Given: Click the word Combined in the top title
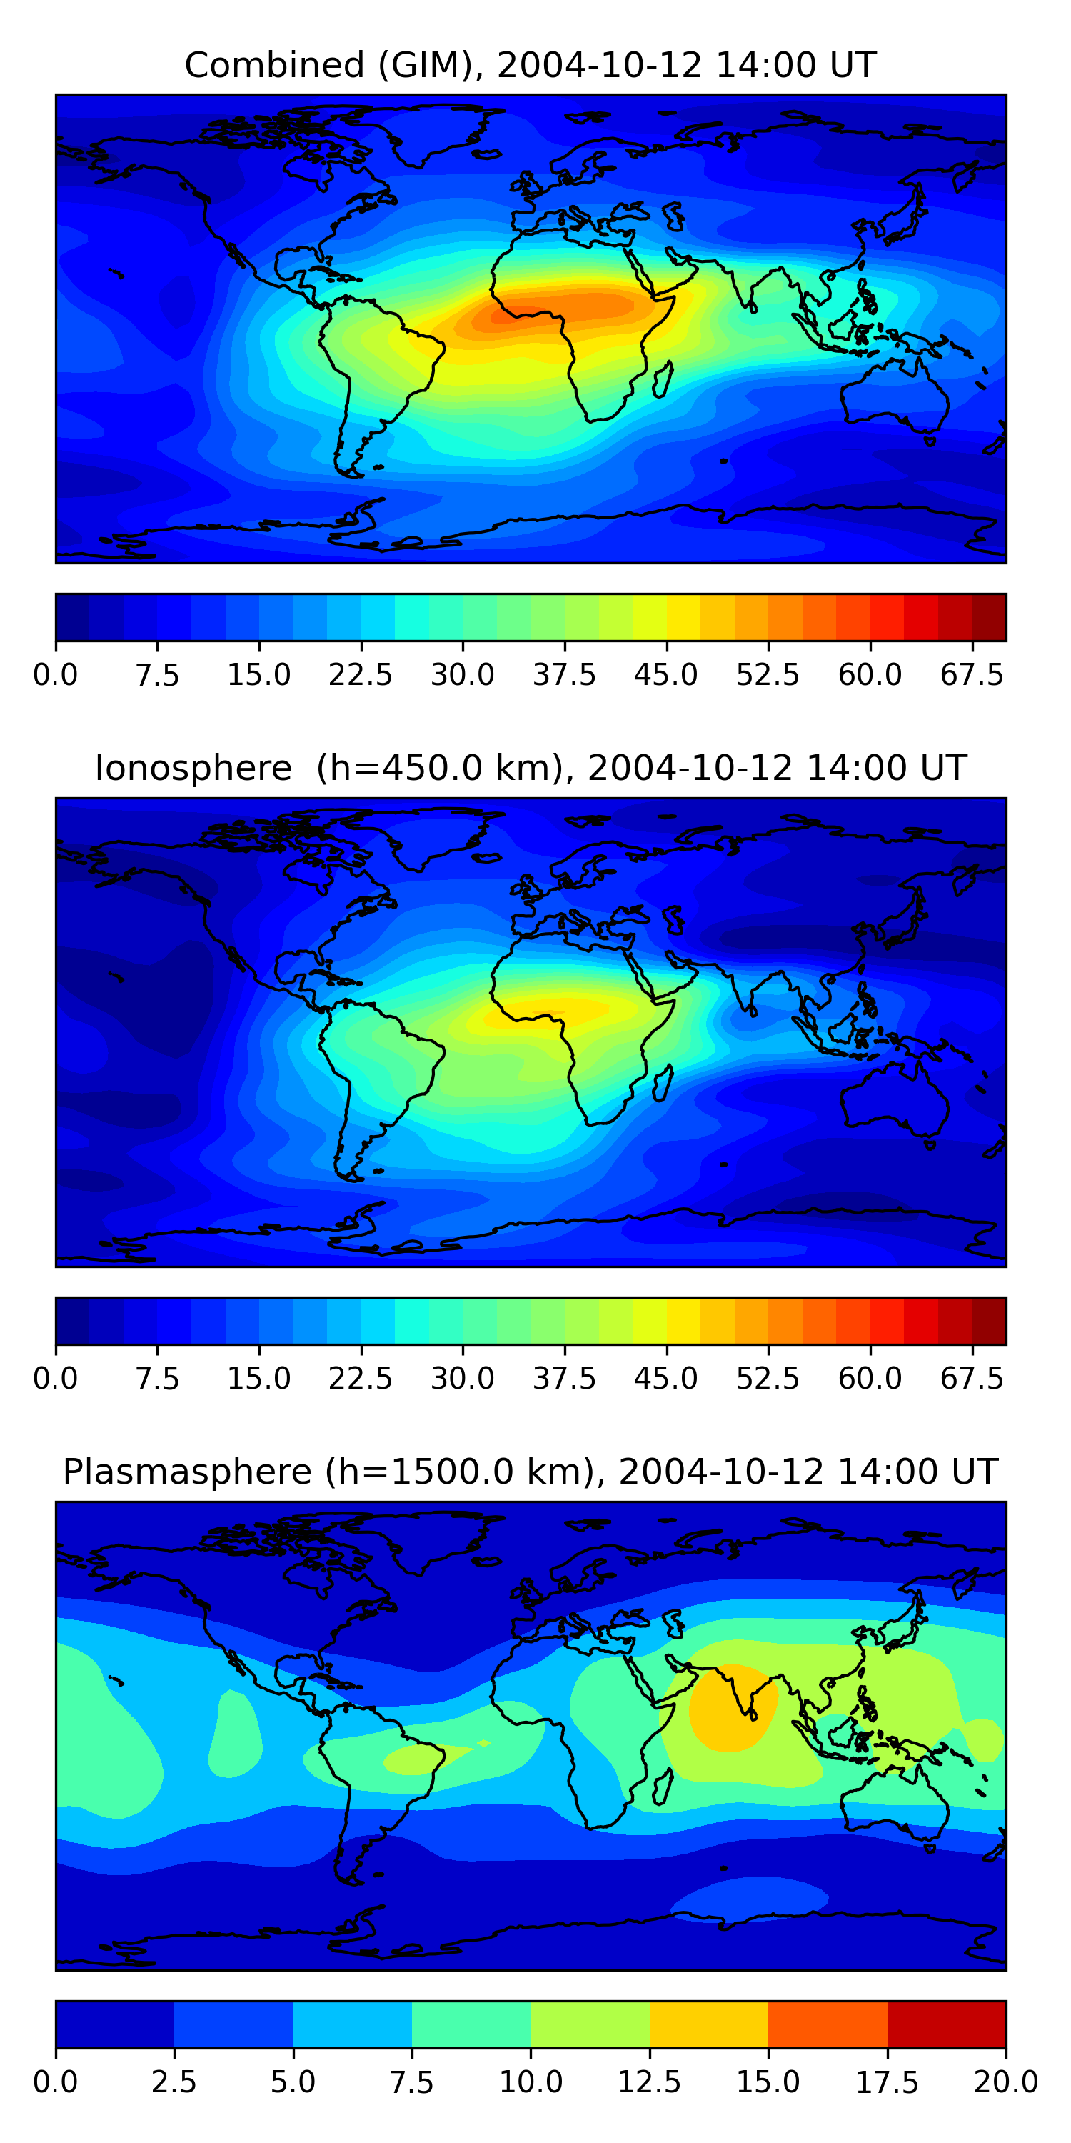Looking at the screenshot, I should pyautogui.click(x=274, y=65).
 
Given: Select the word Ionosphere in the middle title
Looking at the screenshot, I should pyautogui.click(x=193, y=768).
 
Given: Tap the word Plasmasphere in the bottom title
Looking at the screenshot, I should pyautogui.click(x=187, y=1472).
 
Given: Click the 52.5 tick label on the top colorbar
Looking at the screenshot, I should pyautogui.click(x=768, y=674).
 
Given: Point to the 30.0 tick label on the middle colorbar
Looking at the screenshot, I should pyautogui.click(x=463, y=1379).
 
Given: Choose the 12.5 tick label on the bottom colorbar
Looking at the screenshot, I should pyautogui.click(x=650, y=2082).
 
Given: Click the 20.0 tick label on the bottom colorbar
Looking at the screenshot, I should pyautogui.click(x=1005, y=2082).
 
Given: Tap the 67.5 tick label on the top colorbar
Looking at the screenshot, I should pyautogui.click(x=972, y=674).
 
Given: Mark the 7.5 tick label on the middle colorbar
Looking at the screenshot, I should pyautogui.click(x=157, y=1379).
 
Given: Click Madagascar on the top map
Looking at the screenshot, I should pyautogui.click(x=663, y=379).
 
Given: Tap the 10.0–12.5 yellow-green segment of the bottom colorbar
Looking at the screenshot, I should pyautogui.click(x=590, y=2024).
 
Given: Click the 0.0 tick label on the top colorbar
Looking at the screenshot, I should pyautogui.click(x=55, y=674).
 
